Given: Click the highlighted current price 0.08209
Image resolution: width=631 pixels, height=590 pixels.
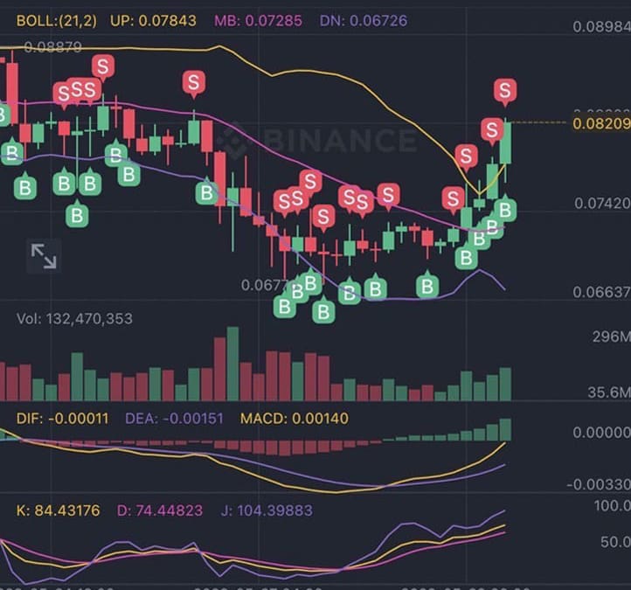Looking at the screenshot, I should tap(601, 123).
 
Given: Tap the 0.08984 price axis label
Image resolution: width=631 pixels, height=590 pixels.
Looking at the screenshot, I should tap(601, 26).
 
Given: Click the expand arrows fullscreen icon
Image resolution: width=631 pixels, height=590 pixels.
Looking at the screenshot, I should tap(44, 255).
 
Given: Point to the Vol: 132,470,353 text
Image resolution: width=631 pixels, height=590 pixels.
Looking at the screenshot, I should tap(75, 319).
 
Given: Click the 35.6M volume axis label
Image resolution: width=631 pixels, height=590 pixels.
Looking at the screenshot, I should tap(608, 392).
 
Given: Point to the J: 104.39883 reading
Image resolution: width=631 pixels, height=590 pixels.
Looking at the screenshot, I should tap(267, 510).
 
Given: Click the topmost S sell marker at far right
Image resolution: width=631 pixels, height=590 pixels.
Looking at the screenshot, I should tap(504, 89).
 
